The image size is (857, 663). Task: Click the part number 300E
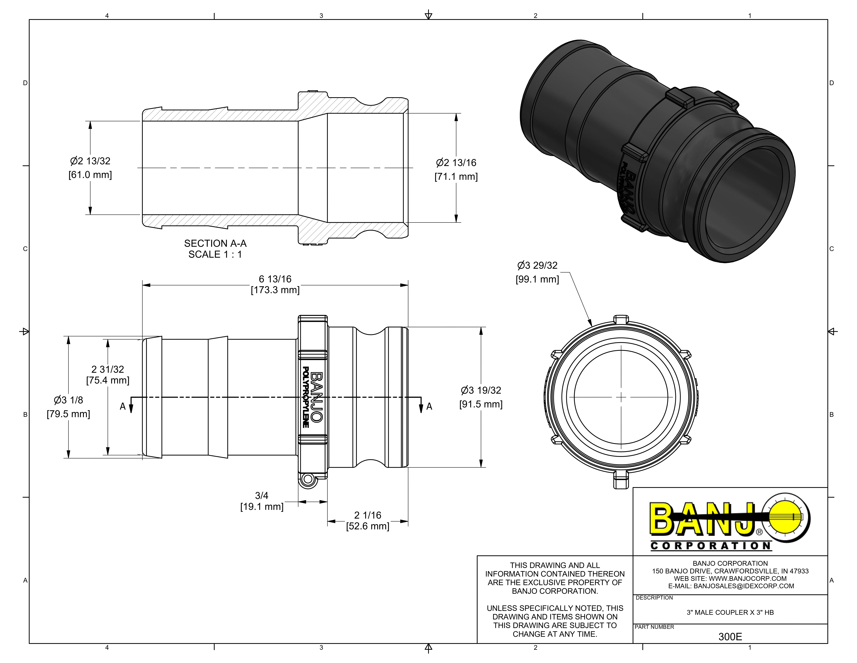click(x=730, y=637)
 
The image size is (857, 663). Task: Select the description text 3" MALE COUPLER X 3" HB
click(x=730, y=612)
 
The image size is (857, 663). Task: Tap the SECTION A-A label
click(x=215, y=243)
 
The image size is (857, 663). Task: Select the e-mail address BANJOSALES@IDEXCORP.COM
click(x=744, y=586)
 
